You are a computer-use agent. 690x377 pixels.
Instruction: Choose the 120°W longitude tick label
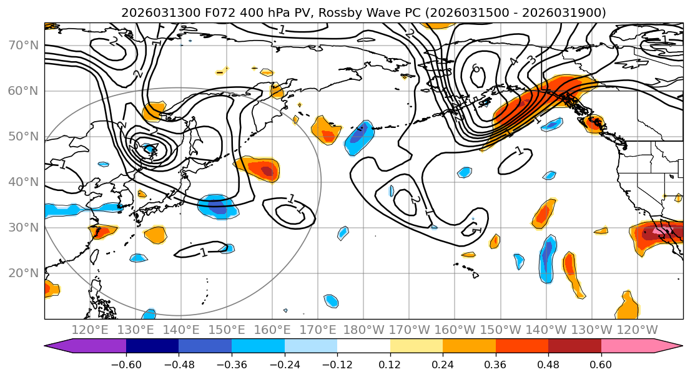point(638,330)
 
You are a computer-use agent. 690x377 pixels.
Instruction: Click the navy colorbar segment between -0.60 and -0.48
point(152,348)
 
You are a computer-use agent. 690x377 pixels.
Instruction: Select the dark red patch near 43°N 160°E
point(267,170)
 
